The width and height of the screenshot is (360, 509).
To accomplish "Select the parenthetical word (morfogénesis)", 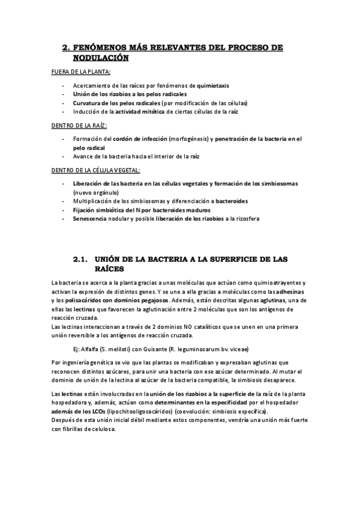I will coord(184,139).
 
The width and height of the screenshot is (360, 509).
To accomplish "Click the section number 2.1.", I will coord(81,259).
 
